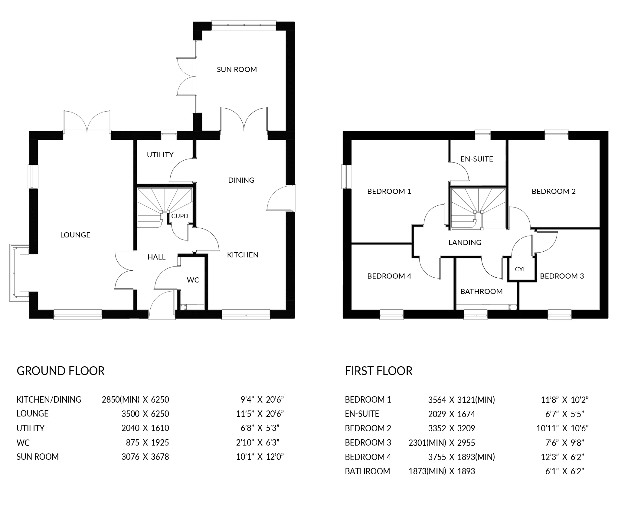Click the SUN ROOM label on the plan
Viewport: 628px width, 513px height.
point(237,70)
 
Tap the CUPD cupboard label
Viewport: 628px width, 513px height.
point(180,216)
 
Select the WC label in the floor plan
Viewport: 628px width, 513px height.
point(193,280)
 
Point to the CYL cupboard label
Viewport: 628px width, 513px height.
point(520,269)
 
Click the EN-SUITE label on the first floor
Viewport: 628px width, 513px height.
point(477,159)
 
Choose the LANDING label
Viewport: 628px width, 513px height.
point(465,243)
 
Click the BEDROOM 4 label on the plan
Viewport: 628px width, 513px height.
point(389,276)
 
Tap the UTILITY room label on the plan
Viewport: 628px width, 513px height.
point(160,155)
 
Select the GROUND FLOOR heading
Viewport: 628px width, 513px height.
point(61,371)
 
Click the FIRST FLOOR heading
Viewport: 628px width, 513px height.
point(379,371)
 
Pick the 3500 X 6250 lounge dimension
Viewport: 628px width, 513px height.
point(145,414)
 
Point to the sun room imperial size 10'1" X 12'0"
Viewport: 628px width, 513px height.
point(260,457)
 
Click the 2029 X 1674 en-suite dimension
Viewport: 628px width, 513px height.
point(451,414)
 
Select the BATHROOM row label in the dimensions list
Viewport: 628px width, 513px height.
point(367,471)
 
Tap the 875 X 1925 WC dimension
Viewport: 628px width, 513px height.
point(147,443)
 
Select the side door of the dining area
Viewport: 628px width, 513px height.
point(281,198)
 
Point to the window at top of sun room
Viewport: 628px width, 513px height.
point(244,26)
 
